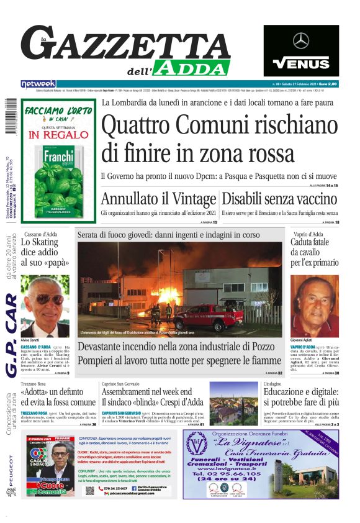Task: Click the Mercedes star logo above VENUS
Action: tap(301, 41)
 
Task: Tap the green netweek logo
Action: tap(38, 84)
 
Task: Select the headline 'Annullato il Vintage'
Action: tap(158, 199)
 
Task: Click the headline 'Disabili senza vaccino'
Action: tap(279, 199)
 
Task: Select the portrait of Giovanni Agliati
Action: tap(314, 304)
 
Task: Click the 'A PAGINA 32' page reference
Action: tap(272, 373)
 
